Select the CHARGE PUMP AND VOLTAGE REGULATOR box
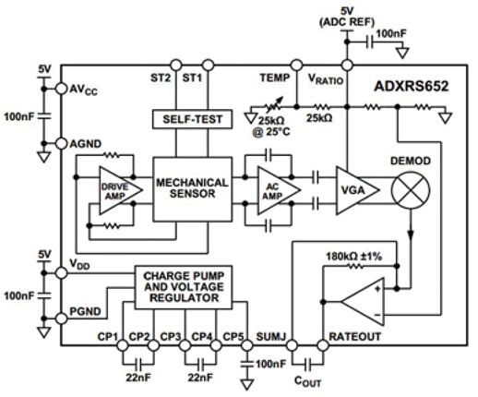pyautogui.click(x=191, y=283)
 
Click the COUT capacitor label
pyautogui.click(x=306, y=379)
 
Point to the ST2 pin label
pyautogui.click(x=161, y=78)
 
